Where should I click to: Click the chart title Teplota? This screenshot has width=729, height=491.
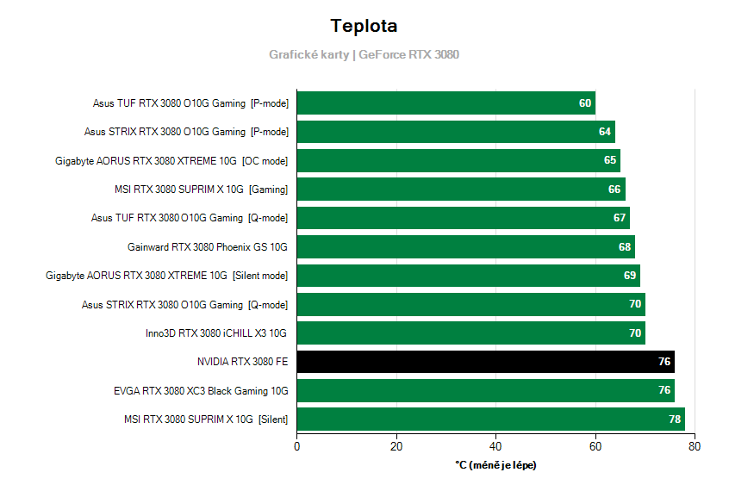tap(364, 26)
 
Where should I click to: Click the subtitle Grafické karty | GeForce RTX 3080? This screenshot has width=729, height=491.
tap(364, 54)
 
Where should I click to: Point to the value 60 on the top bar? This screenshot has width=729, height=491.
tap(585, 103)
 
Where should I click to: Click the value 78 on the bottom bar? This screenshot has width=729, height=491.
tap(675, 420)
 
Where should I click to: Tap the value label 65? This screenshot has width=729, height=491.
tap(610, 161)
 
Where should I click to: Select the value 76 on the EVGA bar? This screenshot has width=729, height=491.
tap(664, 390)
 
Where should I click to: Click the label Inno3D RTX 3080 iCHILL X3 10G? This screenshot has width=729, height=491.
tap(216, 333)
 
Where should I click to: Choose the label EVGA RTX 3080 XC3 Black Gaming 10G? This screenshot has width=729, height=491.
tap(201, 391)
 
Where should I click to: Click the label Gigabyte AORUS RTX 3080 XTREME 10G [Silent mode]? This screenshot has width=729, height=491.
tap(167, 276)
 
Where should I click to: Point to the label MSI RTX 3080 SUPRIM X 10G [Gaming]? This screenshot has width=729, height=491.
tap(201, 190)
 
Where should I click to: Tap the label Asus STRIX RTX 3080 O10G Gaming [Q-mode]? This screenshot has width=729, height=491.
tap(185, 305)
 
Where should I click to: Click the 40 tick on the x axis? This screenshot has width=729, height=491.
tap(495, 446)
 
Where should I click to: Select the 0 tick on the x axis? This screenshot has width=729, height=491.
tap(297, 446)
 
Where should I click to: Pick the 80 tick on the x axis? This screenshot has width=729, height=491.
tap(695, 446)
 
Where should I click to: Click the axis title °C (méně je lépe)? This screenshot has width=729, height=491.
tap(495, 465)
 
